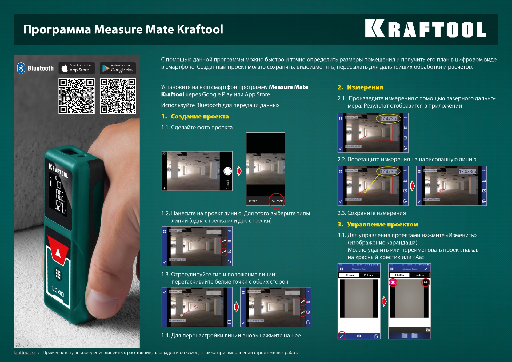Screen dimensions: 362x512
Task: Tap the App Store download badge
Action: [x=77, y=68]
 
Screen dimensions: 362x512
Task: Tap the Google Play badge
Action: [x=118, y=68]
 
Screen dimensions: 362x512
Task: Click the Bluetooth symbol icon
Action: [x=21, y=68]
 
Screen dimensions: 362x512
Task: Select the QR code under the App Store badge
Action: [x=77, y=96]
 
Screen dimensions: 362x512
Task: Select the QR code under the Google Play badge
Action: [x=118, y=96]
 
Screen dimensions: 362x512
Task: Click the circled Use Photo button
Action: [x=276, y=201]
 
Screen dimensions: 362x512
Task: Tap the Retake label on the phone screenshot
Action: [x=252, y=201]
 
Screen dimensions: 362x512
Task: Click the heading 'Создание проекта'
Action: [x=199, y=116]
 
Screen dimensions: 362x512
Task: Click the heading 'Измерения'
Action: [x=365, y=87]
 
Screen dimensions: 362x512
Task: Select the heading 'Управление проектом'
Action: [x=382, y=224]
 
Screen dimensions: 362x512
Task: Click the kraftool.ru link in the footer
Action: [x=24, y=352]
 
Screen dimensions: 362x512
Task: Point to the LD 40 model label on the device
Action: [x=58, y=291]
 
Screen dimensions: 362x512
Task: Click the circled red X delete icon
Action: [x=393, y=282]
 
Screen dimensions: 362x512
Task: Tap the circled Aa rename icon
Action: [x=426, y=282]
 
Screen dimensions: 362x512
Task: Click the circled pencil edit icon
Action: [x=342, y=336]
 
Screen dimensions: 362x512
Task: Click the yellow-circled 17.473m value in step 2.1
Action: [x=389, y=118]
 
